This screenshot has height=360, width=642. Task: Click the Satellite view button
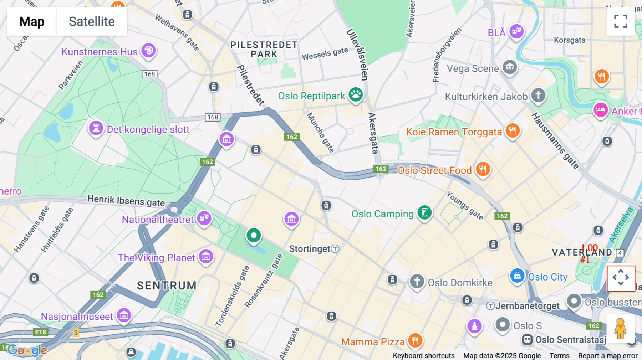92,21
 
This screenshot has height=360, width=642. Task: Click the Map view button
32,21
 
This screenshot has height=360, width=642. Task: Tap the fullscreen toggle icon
621,21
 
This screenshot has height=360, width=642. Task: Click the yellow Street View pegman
620,328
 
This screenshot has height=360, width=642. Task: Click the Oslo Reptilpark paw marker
356,94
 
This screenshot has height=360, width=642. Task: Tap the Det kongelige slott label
148,129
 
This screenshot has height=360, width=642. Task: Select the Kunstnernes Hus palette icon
149,50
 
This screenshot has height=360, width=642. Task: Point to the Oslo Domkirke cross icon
417,281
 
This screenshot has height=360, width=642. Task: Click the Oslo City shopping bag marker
517,276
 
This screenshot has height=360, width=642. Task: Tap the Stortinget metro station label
310,249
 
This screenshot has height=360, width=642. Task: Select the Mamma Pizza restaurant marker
415,340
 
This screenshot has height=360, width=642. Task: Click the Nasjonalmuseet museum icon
124,315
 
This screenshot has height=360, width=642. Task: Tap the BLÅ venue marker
516,31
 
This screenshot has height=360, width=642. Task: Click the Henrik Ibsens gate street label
126,200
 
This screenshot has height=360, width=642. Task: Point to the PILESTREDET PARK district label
264,50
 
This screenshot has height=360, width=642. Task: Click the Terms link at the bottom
559,355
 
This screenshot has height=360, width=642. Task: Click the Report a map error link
608,355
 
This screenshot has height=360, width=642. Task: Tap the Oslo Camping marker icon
424,213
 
